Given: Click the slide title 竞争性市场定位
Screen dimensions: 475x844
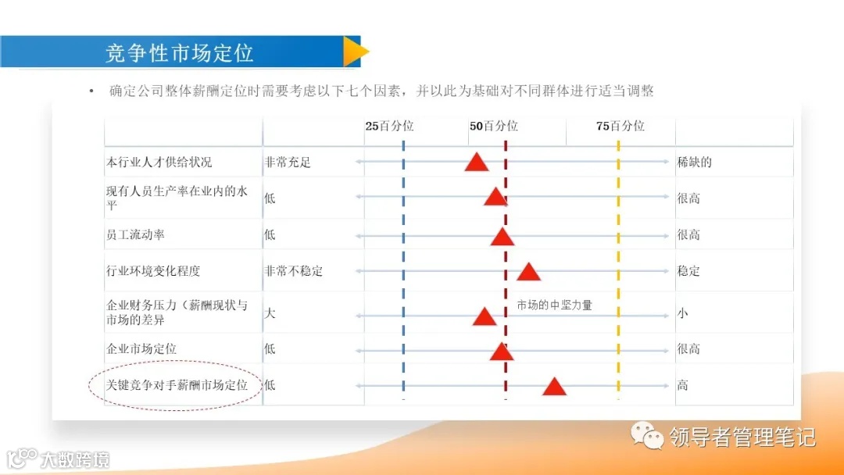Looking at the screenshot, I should [x=180, y=52].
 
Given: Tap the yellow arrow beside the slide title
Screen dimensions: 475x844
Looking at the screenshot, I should [x=356, y=52].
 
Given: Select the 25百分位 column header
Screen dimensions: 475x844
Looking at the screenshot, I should [x=389, y=126].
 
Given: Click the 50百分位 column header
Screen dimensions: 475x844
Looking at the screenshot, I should [x=493, y=126].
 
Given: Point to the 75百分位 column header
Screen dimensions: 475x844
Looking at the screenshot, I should [x=620, y=126].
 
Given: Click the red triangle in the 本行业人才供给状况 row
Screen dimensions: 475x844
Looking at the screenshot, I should [x=477, y=162].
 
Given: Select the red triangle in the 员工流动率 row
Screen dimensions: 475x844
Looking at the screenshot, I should [x=502, y=236].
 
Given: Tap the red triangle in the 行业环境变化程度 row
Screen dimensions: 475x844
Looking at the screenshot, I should [x=529, y=272].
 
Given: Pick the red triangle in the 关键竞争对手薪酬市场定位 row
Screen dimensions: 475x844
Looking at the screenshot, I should [x=554, y=386].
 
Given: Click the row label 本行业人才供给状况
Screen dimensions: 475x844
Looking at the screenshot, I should [x=159, y=162].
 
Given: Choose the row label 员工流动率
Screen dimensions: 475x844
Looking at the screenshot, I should [x=135, y=235].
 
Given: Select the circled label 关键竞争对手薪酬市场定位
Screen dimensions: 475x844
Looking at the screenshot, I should [x=177, y=385].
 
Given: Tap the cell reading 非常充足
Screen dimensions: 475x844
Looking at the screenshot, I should [x=288, y=162].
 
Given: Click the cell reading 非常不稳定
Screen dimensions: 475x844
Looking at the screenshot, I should [x=294, y=271].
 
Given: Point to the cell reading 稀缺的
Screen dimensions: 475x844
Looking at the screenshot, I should [x=694, y=162].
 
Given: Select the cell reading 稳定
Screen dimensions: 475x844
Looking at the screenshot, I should [x=688, y=271].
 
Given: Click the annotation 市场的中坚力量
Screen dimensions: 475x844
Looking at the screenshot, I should [x=555, y=305].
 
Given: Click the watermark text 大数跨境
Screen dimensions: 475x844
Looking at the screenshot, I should [x=75, y=459].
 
